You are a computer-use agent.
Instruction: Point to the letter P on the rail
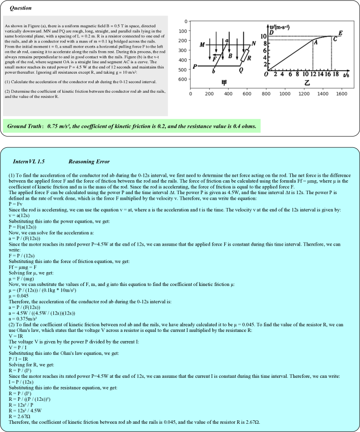click(195, 67)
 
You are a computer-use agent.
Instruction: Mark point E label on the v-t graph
click(340, 33)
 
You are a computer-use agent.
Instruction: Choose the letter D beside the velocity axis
click(272, 32)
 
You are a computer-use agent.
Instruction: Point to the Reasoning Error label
click(89, 162)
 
